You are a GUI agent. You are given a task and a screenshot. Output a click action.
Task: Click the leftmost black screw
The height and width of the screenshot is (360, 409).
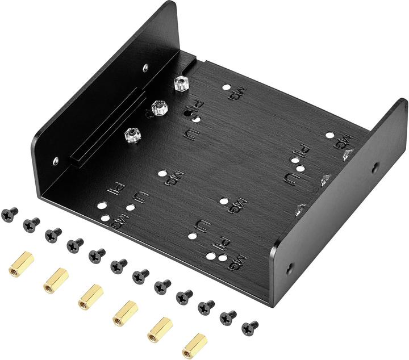tap(10, 214)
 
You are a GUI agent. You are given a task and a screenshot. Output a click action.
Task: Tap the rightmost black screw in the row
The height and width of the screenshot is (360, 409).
tap(249, 328)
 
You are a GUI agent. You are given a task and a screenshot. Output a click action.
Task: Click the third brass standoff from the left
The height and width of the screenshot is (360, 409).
tap(90, 296)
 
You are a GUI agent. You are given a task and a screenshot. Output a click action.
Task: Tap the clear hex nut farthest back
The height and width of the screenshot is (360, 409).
tap(181, 84)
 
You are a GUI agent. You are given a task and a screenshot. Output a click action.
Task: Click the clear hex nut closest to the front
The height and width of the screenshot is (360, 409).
tap(133, 135)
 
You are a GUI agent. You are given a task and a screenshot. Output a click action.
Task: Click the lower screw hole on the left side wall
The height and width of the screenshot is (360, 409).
tap(55, 161)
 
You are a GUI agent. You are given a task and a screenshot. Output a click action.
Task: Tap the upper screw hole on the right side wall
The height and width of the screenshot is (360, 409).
tap(375, 168)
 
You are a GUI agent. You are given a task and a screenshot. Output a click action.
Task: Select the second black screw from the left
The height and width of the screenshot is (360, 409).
tap(31, 224)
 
